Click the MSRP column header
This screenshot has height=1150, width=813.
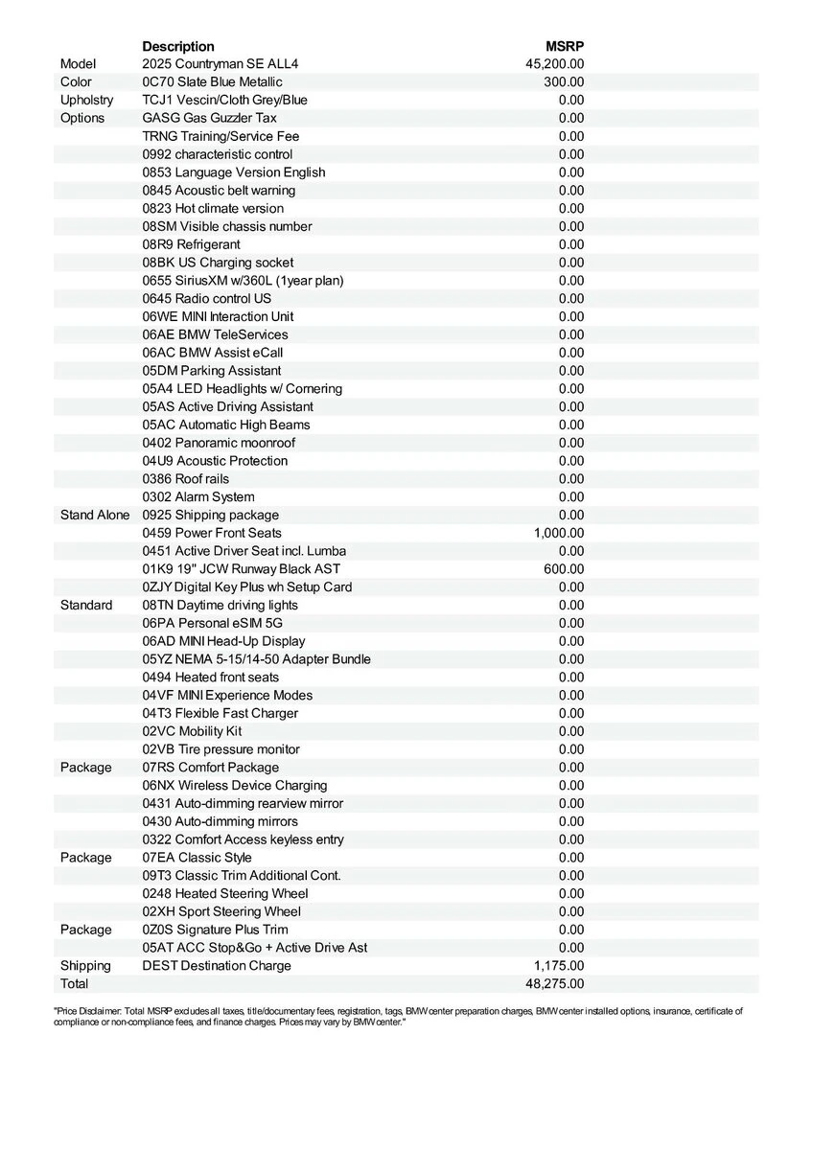tap(565, 46)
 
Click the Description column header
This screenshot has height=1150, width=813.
tap(178, 46)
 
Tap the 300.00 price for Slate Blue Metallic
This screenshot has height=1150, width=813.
tap(564, 82)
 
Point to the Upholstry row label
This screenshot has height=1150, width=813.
tap(86, 100)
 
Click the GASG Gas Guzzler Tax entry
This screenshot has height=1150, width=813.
tap(209, 118)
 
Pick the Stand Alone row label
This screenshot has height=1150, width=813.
tap(94, 515)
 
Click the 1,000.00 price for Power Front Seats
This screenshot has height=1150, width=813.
tap(559, 533)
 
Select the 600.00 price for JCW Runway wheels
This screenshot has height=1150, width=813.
tap(564, 569)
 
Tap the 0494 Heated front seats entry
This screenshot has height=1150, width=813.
tap(211, 678)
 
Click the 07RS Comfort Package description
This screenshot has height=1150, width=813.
tap(211, 768)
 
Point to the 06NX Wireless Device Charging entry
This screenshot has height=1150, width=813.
tap(235, 786)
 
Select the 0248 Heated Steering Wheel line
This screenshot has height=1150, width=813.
tap(225, 893)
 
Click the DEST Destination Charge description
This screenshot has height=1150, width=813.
tap(217, 966)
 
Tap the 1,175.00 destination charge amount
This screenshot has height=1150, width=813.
tap(559, 966)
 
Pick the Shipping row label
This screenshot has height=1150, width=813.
tap(85, 966)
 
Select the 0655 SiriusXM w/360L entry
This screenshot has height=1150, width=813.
tap(243, 281)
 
